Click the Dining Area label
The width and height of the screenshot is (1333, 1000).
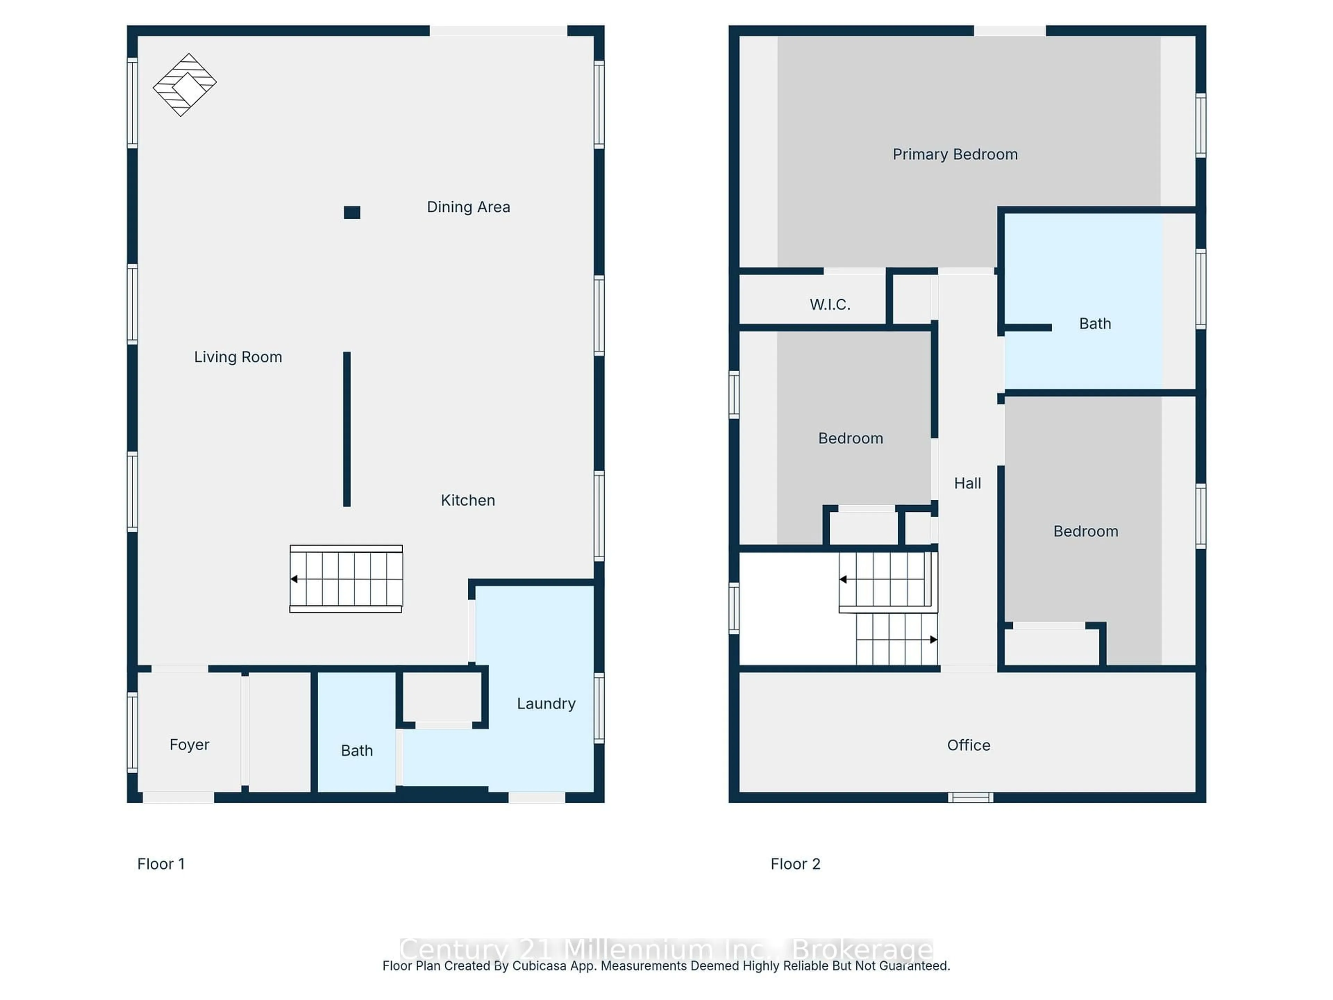(x=468, y=207)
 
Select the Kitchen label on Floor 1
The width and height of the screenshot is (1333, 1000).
(x=468, y=500)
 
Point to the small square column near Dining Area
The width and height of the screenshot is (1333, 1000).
(x=352, y=212)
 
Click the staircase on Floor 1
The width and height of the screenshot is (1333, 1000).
(x=346, y=579)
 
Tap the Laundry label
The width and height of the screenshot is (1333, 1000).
(x=546, y=703)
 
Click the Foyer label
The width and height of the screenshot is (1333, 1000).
(x=189, y=744)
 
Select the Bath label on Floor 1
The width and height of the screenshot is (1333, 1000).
(x=357, y=750)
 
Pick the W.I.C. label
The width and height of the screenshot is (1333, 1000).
(x=830, y=305)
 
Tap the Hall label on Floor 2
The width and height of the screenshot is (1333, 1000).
(x=967, y=483)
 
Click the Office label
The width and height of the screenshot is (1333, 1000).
(x=969, y=745)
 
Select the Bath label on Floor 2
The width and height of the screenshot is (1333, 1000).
(x=1095, y=324)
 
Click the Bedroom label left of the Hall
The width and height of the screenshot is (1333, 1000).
(x=850, y=438)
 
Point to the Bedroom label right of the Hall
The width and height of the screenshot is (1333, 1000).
(x=1085, y=531)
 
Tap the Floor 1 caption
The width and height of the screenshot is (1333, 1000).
(x=161, y=864)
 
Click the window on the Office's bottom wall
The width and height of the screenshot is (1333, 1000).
(x=970, y=798)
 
